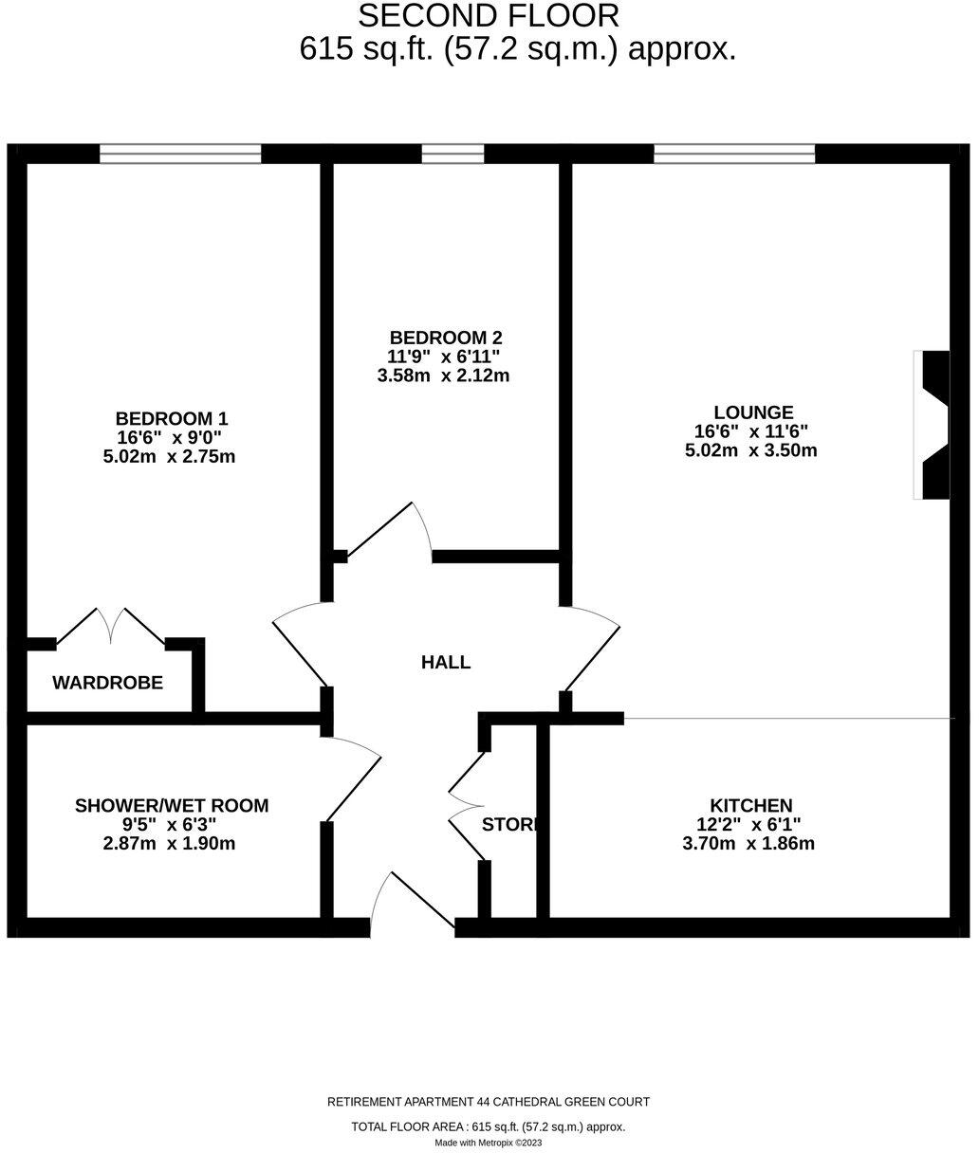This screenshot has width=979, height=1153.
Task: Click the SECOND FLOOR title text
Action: coord(489,16)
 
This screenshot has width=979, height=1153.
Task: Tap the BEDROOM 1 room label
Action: coord(172,418)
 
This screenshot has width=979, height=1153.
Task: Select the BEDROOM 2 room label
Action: coord(446,338)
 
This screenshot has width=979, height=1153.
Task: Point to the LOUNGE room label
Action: coord(753,412)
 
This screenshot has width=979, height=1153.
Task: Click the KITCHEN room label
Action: coord(750,805)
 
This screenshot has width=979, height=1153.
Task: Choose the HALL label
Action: coord(446,663)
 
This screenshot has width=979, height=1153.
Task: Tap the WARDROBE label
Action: coord(107,683)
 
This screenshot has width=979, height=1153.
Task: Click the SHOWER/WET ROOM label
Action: coord(172,806)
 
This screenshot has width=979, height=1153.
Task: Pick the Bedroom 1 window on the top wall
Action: coord(180,154)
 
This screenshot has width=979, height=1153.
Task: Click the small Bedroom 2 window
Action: coord(453,154)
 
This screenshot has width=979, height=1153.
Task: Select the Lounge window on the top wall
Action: coord(733,154)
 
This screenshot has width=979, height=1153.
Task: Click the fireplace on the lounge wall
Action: coord(933,424)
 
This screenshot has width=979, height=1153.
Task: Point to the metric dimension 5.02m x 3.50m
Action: coord(750,451)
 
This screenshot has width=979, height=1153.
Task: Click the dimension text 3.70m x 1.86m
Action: coord(749,844)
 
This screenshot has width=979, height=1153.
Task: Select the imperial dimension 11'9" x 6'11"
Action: coord(445,357)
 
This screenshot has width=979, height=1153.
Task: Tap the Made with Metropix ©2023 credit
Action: coord(489,1143)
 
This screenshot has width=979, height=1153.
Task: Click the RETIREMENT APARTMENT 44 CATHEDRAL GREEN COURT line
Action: coord(489,1102)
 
